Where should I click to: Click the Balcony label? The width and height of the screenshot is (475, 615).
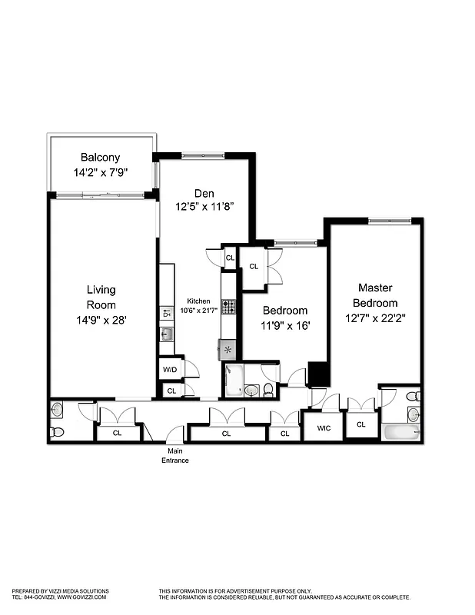click(101, 157)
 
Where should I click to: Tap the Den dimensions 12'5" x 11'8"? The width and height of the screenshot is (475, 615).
click(204, 205)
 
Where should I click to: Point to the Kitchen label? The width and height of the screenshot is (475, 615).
click(198, 301)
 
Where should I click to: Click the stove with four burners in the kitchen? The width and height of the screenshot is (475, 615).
click(229, 307)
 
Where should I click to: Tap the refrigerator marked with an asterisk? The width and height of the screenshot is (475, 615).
click(228, 349)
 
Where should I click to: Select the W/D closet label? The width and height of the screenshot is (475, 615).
click(170, 369)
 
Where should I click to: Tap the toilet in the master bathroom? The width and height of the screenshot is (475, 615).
click(413, 396)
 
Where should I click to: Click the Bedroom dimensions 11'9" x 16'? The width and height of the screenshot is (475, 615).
click(285, 325)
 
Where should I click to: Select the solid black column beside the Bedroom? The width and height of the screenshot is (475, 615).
click(318, 374)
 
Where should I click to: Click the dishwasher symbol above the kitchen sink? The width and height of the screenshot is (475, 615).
click(167, 314)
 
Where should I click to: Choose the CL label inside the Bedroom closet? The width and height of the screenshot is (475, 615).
click(254, 267)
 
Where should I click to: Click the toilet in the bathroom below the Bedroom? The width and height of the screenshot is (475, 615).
click(267, 390)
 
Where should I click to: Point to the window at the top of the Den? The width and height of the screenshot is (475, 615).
click(204, 156)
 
